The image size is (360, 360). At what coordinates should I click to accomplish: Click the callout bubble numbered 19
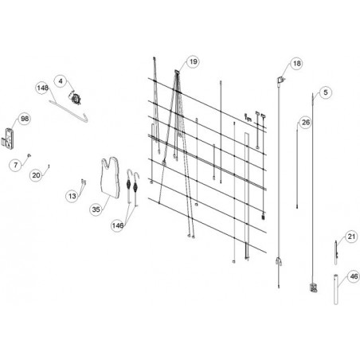coord(193,61)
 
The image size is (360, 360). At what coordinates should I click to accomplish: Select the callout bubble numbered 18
coord(296,64)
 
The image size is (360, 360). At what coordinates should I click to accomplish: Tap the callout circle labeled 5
coord(326,92)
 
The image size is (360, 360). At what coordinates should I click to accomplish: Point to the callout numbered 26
coord(306,123)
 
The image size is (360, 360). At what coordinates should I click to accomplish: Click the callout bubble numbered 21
coord(351,237)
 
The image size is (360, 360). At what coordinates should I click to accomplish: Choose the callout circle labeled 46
coord(353,276)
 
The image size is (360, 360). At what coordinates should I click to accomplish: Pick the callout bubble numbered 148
coord(42,88)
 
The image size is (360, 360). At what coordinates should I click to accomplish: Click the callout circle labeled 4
coord(61,81)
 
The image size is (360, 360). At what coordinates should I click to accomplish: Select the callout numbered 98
coord(25,119)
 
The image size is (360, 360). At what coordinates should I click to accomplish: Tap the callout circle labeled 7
coord(16,165)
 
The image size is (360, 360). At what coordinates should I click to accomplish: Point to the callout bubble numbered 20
coord(36,175)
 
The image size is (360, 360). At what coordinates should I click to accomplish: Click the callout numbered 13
coord(72,196)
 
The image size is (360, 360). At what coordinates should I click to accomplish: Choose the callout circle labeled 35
coord(96,209)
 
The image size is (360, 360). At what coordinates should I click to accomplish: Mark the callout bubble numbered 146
coord(117,225)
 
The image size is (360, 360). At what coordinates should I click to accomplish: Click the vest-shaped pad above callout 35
coord(110,178)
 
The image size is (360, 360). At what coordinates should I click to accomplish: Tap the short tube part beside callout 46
coord(336,289)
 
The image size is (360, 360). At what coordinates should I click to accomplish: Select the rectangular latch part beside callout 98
coord(10,139)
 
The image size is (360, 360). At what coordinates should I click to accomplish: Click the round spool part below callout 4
coord(76,98)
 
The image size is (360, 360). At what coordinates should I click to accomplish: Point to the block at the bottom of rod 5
coord(314,288)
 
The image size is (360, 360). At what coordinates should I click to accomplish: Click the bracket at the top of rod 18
coord(280,80)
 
